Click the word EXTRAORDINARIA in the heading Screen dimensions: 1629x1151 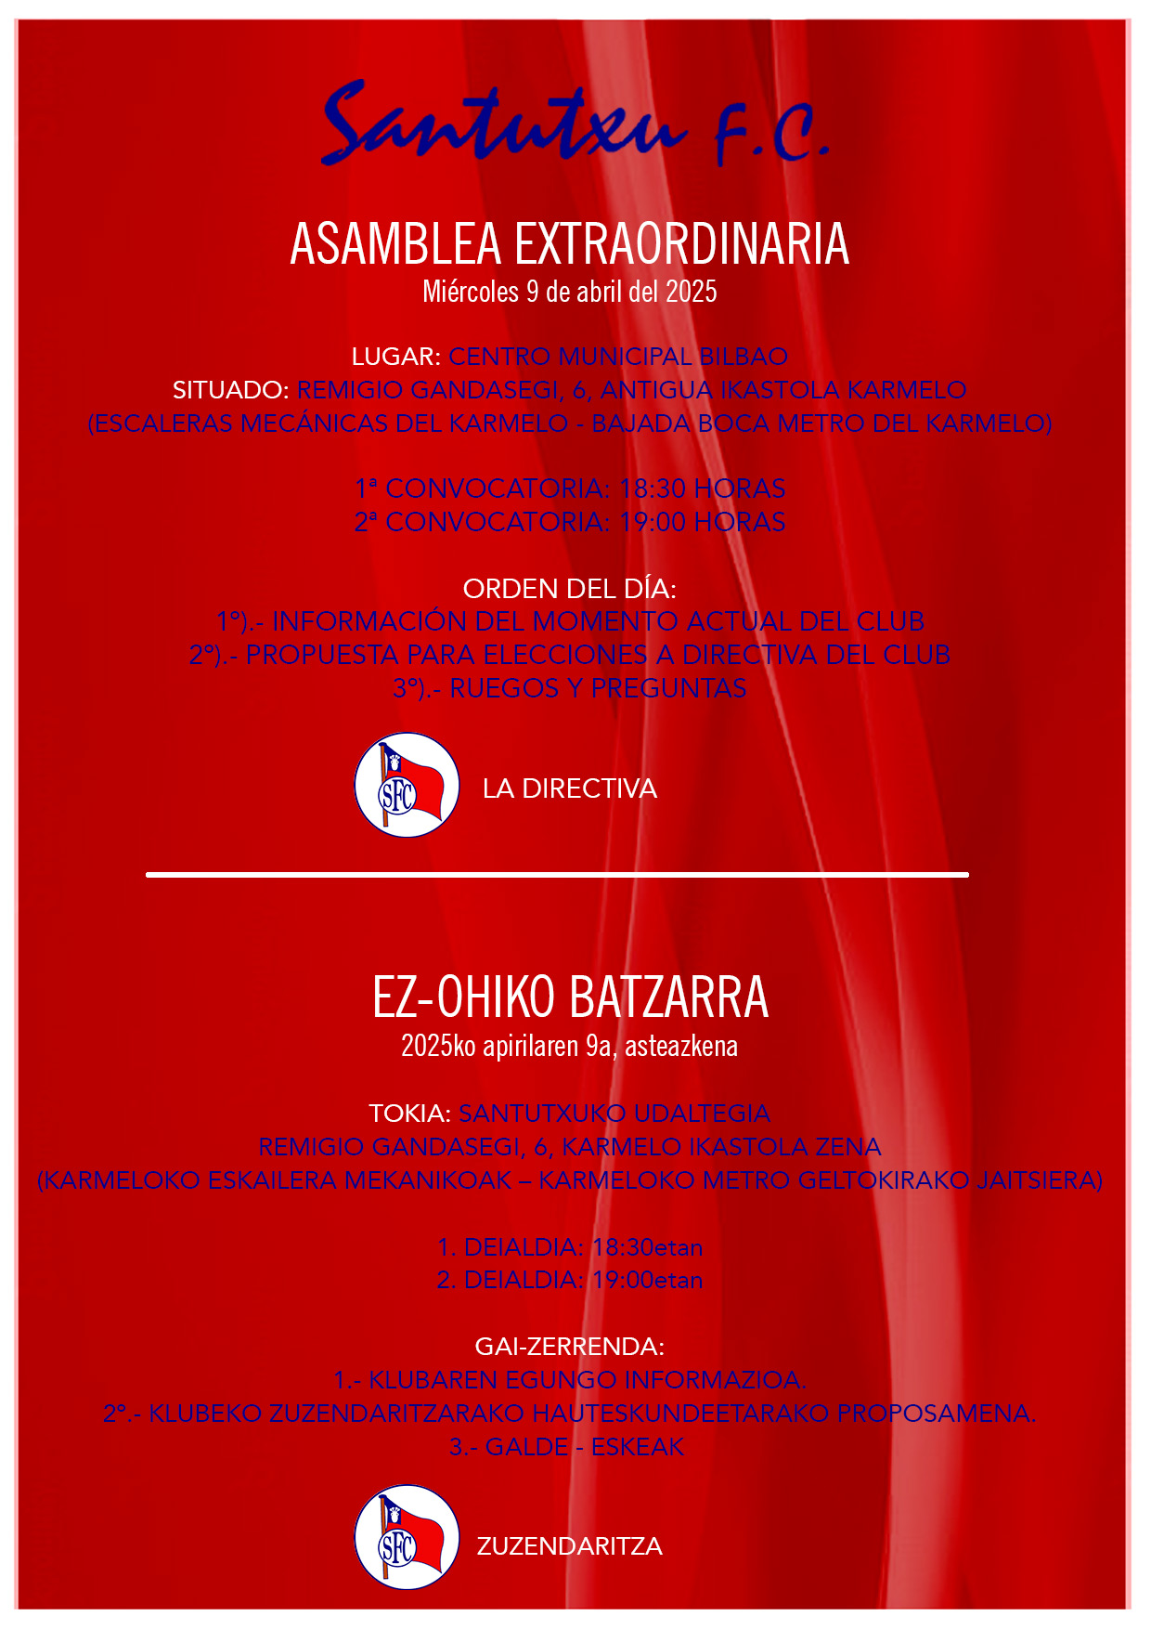coord(681,244)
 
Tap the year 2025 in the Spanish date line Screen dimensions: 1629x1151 coord(691,292)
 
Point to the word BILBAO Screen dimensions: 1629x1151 coord(744,357)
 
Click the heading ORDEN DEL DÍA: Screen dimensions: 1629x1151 coord(569,589)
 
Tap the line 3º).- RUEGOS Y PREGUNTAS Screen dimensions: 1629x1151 coord(569,688)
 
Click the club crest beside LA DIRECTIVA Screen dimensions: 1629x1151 coord(407,786)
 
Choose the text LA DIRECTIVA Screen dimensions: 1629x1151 coord(569,788)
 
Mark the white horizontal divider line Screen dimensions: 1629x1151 coord(557,875)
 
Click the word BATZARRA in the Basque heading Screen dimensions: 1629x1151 coord(668,997)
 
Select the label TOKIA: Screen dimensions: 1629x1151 coord(409,1114)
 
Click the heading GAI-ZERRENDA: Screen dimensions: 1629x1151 coord(569,1347)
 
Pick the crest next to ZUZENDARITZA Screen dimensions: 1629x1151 coord(407,1538)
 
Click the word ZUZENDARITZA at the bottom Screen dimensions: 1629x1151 coord(569,1546)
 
